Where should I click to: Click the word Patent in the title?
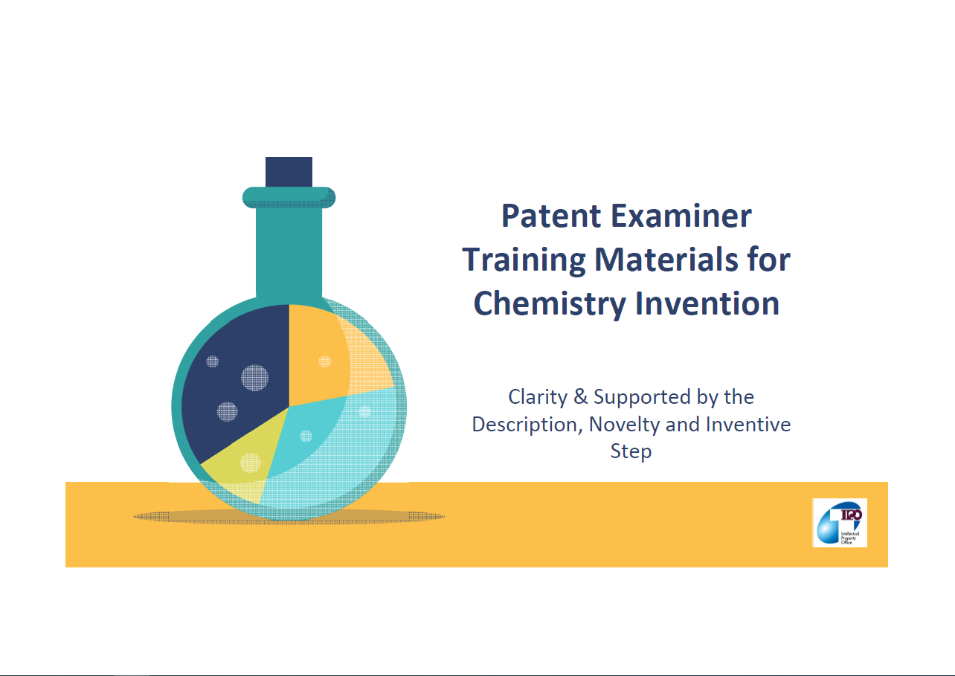click(552, 216)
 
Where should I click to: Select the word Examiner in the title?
click(681, 216)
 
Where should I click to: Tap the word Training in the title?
click(524, 261)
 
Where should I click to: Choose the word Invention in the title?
click(708, 303)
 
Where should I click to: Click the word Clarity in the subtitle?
click(538, 398)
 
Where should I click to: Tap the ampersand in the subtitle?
click(580, 397)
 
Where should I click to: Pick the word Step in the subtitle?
click(631, 452)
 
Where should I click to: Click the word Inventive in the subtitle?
click(748, 425)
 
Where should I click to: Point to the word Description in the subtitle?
click(527, 425)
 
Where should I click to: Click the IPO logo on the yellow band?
click(840, 523)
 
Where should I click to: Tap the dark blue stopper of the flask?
click(289, 172)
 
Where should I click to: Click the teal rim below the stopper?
click(289, 197)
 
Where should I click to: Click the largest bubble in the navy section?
click(254, 378)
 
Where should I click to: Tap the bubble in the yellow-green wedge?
click(250, 463)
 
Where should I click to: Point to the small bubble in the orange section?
click(325, 361)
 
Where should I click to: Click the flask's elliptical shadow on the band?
click(289, 517)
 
